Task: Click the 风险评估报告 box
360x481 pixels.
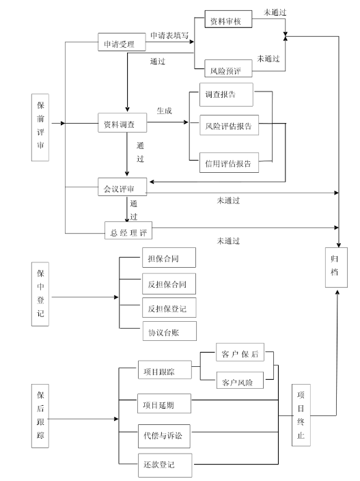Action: coord(227,126)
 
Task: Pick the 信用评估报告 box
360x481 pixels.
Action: coord(227,163)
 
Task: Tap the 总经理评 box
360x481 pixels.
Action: coord(129,230)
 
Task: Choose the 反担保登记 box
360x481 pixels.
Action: coord(167,308)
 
